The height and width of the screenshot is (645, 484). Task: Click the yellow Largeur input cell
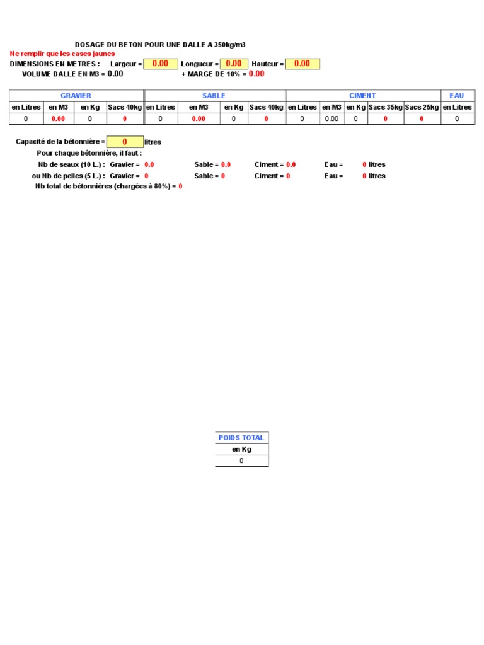point(161,64)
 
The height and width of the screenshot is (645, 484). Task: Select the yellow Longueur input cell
point(234,64)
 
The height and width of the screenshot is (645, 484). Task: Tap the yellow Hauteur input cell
point(302,64)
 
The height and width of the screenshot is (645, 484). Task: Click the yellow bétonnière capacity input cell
point(125,142)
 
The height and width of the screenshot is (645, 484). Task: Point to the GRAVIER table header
point(76,96)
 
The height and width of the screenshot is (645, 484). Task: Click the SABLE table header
point(214,96)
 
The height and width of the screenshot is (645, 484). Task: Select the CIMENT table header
point(362,96)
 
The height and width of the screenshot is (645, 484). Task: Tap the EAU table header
point(457,96)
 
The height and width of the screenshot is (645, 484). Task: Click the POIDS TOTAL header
point(241,438)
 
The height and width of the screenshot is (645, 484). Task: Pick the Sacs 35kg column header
point(386,107)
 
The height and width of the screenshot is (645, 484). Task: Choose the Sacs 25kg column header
point(422,107)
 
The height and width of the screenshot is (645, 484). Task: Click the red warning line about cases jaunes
point(62,54)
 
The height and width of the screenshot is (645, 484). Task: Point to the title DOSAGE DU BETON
point(160,45)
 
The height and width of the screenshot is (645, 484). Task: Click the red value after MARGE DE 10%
point(256,74)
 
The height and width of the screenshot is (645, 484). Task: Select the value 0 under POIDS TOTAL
point(241,461)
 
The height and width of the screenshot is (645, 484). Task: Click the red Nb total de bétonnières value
point(180,187)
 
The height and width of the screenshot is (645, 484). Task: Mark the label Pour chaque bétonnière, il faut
point(89,153)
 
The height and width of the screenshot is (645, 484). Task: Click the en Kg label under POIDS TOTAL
point(241,450)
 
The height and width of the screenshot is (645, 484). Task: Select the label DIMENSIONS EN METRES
point(55,64)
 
